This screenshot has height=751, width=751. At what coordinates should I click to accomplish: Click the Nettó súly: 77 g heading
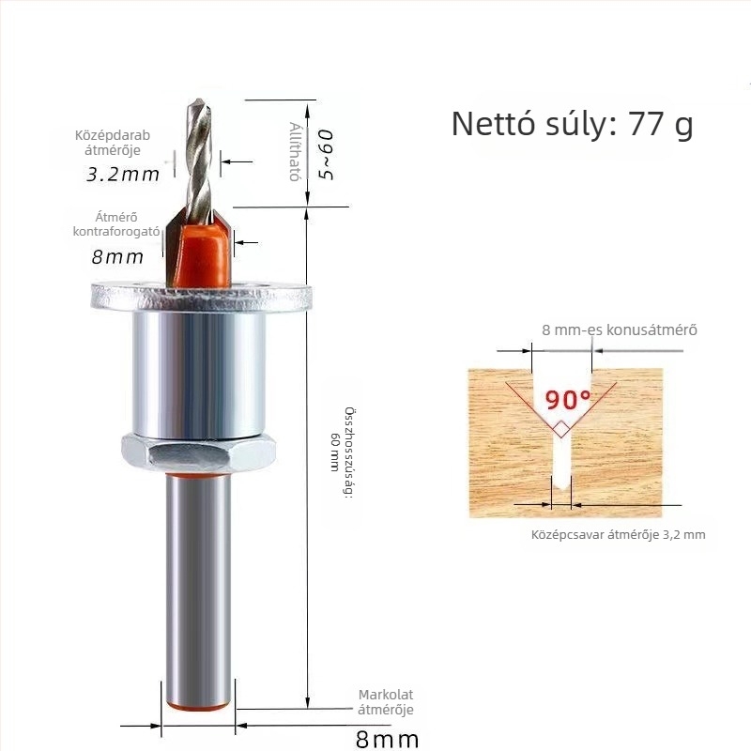[573, 125]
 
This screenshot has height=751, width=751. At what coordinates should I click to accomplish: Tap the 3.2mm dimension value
[123, 175]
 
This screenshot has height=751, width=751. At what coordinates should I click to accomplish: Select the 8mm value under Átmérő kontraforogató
[117, 257]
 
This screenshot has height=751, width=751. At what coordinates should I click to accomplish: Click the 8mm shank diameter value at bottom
[387, 739]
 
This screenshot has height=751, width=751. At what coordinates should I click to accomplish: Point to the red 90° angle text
[568, 400]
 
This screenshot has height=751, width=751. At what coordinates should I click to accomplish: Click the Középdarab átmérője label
[113, 143]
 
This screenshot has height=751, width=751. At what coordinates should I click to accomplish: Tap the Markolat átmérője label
[386, 702]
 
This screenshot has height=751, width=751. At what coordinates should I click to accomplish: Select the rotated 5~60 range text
[326, 155]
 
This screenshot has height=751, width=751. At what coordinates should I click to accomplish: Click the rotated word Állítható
[296, 151]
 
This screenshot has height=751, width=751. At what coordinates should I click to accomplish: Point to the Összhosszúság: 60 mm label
[345, 452]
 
